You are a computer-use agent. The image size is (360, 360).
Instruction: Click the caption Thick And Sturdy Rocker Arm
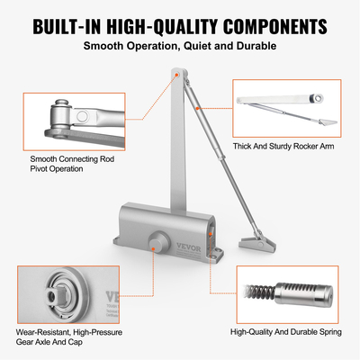pos(289,145)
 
